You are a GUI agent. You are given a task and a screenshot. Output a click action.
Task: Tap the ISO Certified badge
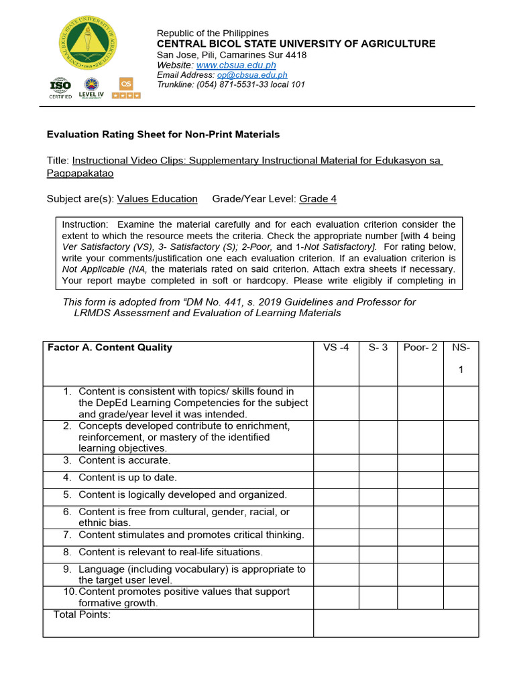point(60,88)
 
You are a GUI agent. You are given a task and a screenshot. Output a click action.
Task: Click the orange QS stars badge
point(125,88)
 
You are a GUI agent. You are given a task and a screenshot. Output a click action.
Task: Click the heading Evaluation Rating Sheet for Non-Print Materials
point(163,135)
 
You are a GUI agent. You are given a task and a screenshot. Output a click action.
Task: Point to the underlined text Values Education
point(158,199)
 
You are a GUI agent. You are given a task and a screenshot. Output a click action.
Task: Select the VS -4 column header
point(336,348)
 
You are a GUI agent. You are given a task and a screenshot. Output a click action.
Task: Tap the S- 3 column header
point(378,348)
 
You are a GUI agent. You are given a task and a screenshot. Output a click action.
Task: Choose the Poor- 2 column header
point(420,348)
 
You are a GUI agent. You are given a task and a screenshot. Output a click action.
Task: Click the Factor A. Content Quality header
point(110,348)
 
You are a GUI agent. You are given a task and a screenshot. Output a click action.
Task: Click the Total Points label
point(82,615)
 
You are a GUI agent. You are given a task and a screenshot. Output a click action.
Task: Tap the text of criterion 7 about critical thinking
point(191,535)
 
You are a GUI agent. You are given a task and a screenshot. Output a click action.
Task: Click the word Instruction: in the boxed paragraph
point(84,224)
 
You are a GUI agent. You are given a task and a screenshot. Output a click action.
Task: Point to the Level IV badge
point(91,88)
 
